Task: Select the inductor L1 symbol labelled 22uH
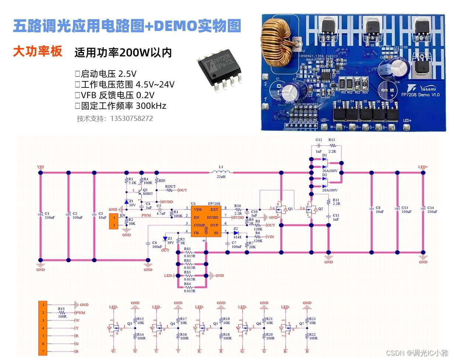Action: (x=221, y=172)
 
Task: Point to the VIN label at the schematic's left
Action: (x=41, y=167)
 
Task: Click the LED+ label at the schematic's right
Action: (x=423, y=167)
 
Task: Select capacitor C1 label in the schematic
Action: (x=47, y=214)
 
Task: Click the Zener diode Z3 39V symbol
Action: (x=165, y=239)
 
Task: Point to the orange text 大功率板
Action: (x=37, y=51)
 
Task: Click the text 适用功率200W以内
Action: (x=123, y=53)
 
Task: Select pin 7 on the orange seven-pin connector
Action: (x=43, y=352)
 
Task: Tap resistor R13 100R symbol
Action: (x=61, y=312)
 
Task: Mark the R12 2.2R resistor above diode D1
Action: (x=331, y=146)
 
